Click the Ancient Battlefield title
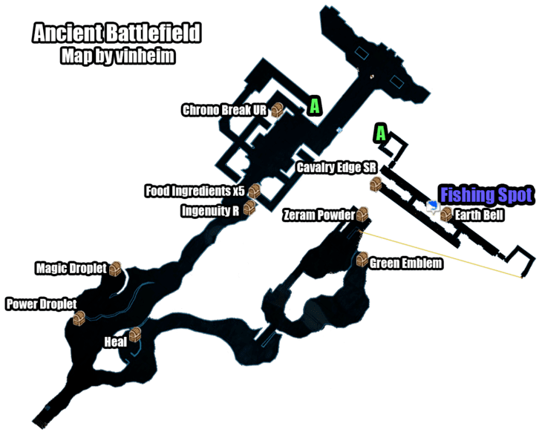pyautogui.click(x=117, y=33)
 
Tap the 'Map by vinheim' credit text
pyautogui.click(x=117, y=56)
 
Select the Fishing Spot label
pyautogui.click(x=487, y=195)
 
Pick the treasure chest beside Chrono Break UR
pyautogui.click(x=277, y=110)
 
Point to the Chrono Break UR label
pyautogui.click(x=225, y=110)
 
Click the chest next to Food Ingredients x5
pyautogui.click(x=255, y=191)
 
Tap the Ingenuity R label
pyautogui.click(x=210, y=211)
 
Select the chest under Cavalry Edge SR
pyautogui.click(x=376, y=185)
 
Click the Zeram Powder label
pyautogui.click(x=319, y=215)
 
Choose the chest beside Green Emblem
pyautogui.click(x=362, y=259)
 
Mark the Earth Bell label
pyautogui.click(x=479, y=215)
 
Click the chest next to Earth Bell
pyautogui.click(x=446, y=215)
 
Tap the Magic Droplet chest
pyautogui.click(x=115, y=269)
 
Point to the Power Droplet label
pyautogui.click(x=42, y=304)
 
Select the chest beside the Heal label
pyautogui.click(x=135, y=335)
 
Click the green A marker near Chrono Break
pyautogui.click(x=315, y=105)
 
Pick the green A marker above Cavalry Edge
pyautogui.click(x=381, y=134)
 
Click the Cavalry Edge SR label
pyautogui.click(x=336, y=168)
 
